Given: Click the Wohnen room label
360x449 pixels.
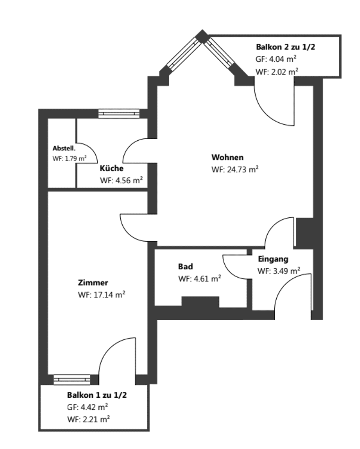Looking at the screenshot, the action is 227,157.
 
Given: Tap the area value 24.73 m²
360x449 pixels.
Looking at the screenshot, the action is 235,169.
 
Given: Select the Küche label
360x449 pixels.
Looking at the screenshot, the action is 111,168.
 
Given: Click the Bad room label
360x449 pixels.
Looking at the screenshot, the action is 185,267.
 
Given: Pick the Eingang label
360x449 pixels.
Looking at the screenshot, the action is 273,259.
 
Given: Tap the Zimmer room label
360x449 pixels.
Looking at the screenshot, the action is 93,282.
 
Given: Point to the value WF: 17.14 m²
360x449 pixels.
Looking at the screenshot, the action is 101,295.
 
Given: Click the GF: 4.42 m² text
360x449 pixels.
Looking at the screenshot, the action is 88,407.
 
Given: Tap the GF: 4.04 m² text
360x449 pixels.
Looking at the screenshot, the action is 276,59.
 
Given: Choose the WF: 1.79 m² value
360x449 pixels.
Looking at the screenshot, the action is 70,159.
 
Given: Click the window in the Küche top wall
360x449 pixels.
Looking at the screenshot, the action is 119,113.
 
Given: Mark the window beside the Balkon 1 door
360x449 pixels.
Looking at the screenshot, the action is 72,379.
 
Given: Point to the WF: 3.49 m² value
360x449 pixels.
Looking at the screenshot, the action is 279,271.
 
